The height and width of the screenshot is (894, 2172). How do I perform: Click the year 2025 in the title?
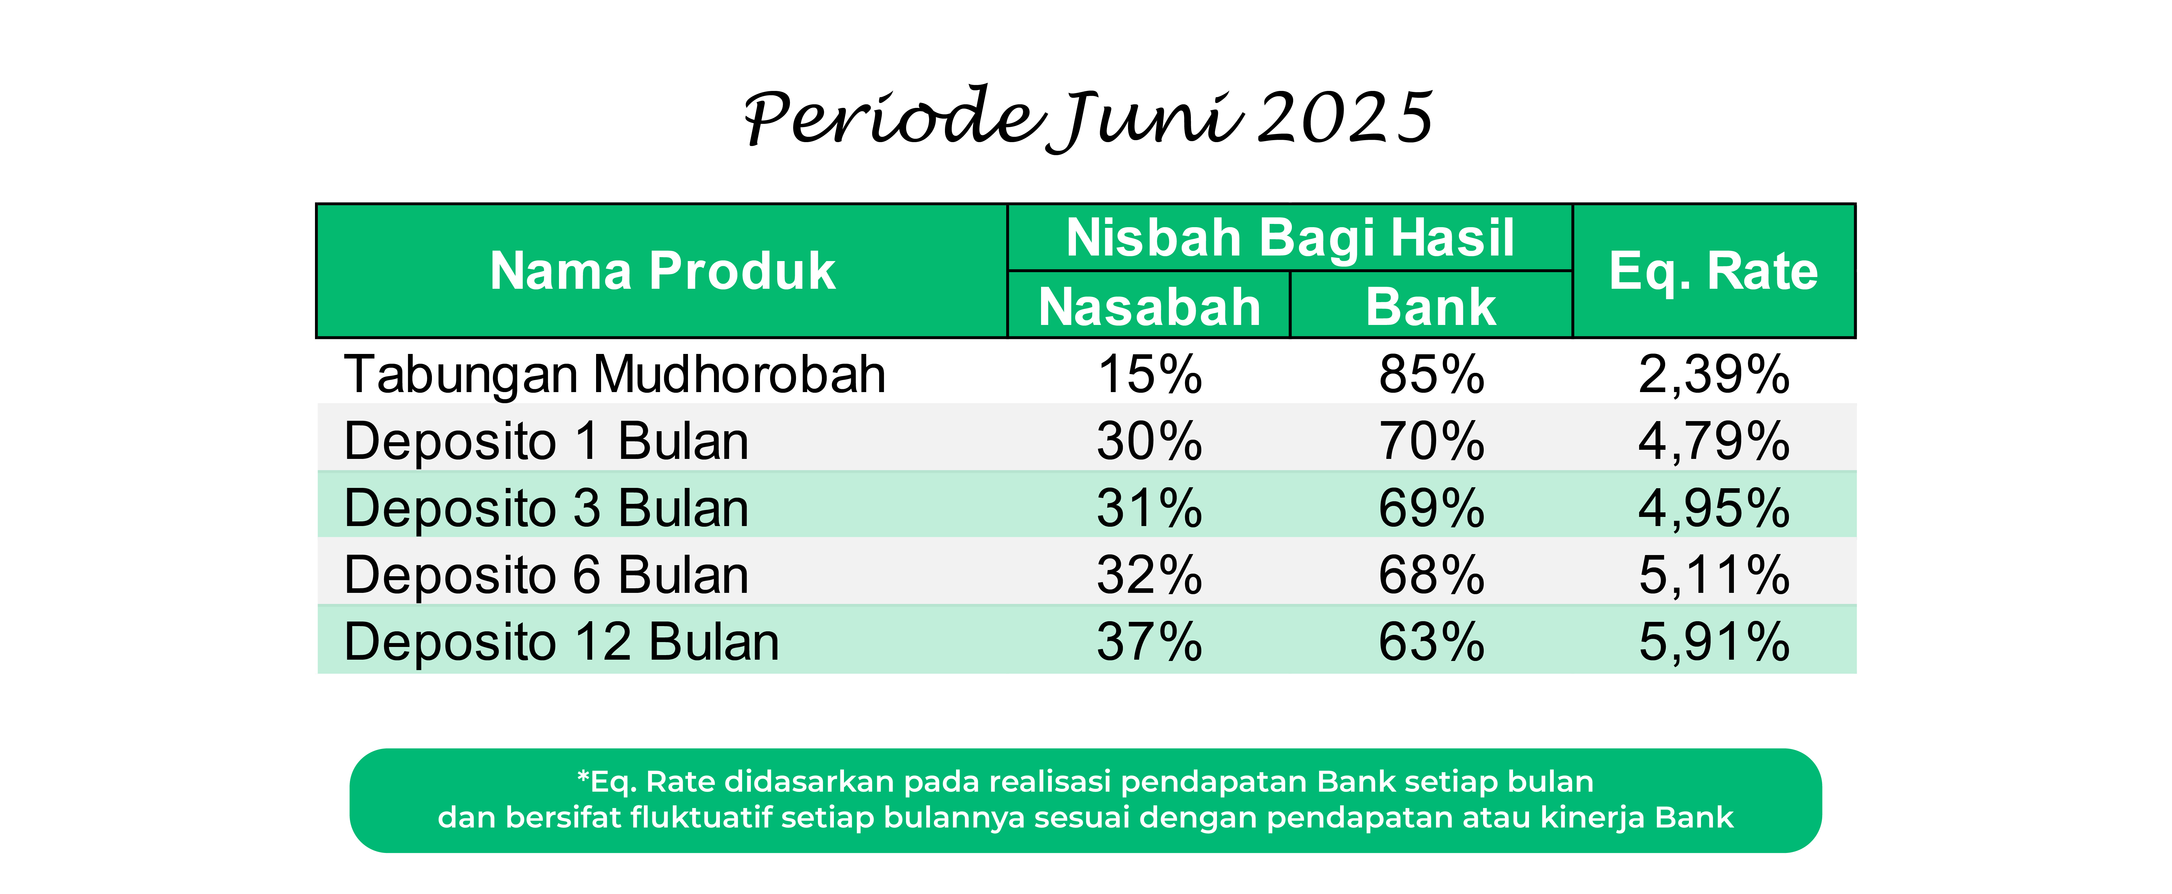click(1346, 118)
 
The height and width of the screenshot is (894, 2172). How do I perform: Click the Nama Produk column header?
click(663, 271)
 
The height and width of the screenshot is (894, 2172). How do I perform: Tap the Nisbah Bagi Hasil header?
click(1290, 238)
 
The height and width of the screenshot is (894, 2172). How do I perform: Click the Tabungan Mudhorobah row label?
click(615, 374)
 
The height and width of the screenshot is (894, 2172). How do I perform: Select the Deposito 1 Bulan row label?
click(546, 441)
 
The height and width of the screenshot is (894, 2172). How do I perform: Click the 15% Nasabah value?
click(1149, 374)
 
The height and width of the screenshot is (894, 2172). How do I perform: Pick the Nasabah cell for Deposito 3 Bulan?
click(1149, 508)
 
